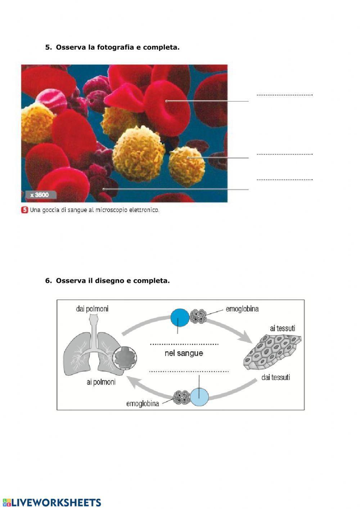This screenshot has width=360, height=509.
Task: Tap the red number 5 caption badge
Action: pos(24,210)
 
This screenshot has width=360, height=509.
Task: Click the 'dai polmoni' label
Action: pos(92,309)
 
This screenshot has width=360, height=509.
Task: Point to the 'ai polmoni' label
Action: pos(101,382)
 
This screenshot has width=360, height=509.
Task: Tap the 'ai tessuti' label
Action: pos(283,328)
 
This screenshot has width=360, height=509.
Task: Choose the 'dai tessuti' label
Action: pos(276,377)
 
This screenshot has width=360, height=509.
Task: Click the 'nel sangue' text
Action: pos(184,353)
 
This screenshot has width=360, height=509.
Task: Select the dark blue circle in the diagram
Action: pos(180,317)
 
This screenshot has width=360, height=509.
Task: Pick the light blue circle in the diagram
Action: pos(199,397)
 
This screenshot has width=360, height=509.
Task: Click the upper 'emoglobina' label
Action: pos(242,309)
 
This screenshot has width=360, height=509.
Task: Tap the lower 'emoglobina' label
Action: pos(143,403)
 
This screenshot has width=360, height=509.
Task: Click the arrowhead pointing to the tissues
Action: pos(246,338)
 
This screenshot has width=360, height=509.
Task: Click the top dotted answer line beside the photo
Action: pos(284,95)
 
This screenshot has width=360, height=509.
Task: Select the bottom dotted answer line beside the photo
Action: pos(284,179)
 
